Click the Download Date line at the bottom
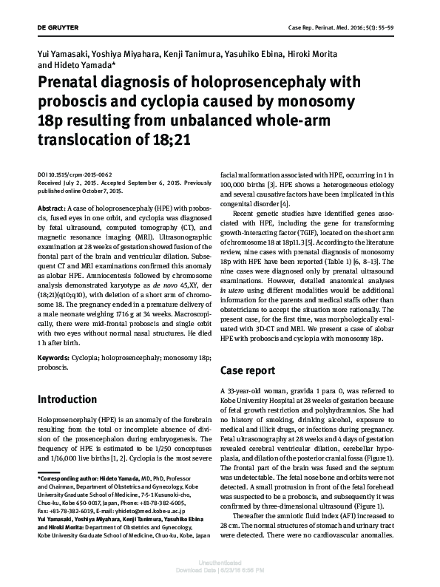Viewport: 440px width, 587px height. [x=220, y=580]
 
